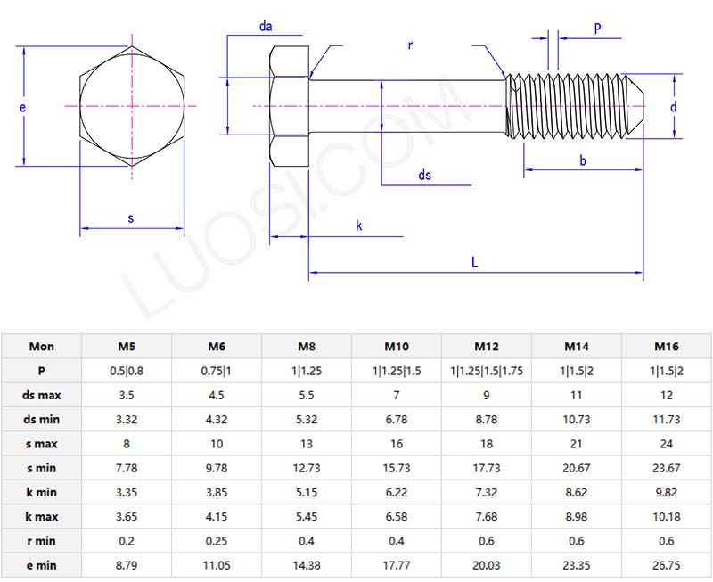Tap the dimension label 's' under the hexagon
click(131, 217)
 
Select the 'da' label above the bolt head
click(266, 27)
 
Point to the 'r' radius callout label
click(410, 45)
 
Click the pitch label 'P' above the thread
click(597, 29)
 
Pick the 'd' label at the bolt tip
click(674, 107)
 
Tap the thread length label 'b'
click(583, 160)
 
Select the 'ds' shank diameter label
click(425, 176)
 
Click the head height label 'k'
click(359, 226)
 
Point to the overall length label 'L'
click(475, 262)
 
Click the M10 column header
click(397, 347)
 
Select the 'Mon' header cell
click(41, 347)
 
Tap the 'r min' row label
click(41, 540)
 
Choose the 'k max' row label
click(41, 516)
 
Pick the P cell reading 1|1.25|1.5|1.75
click(487, 371)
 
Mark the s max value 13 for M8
click(307, 444)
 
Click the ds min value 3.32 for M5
click(127, 419)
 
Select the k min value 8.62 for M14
click(577, 492)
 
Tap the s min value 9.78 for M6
click(217, 468)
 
